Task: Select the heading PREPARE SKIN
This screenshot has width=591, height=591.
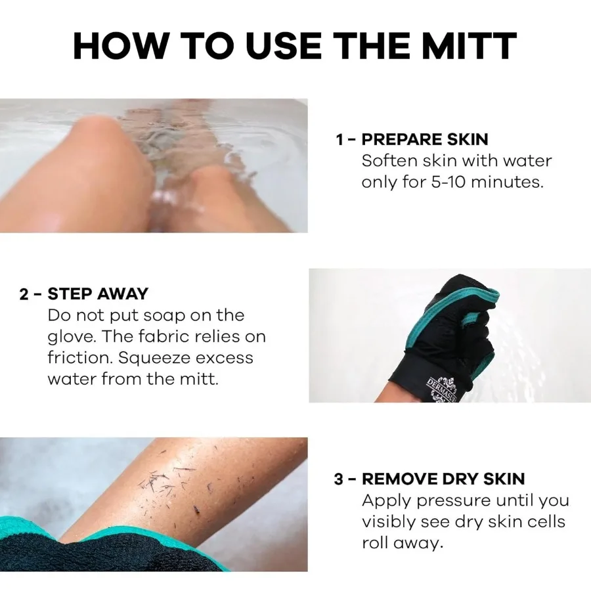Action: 425,139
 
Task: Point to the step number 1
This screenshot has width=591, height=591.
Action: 339,139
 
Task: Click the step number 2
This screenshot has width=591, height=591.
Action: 24,294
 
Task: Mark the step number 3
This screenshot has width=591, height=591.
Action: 339,479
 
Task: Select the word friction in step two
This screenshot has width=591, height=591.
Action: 76,358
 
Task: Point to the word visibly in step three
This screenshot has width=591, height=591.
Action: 392,522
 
